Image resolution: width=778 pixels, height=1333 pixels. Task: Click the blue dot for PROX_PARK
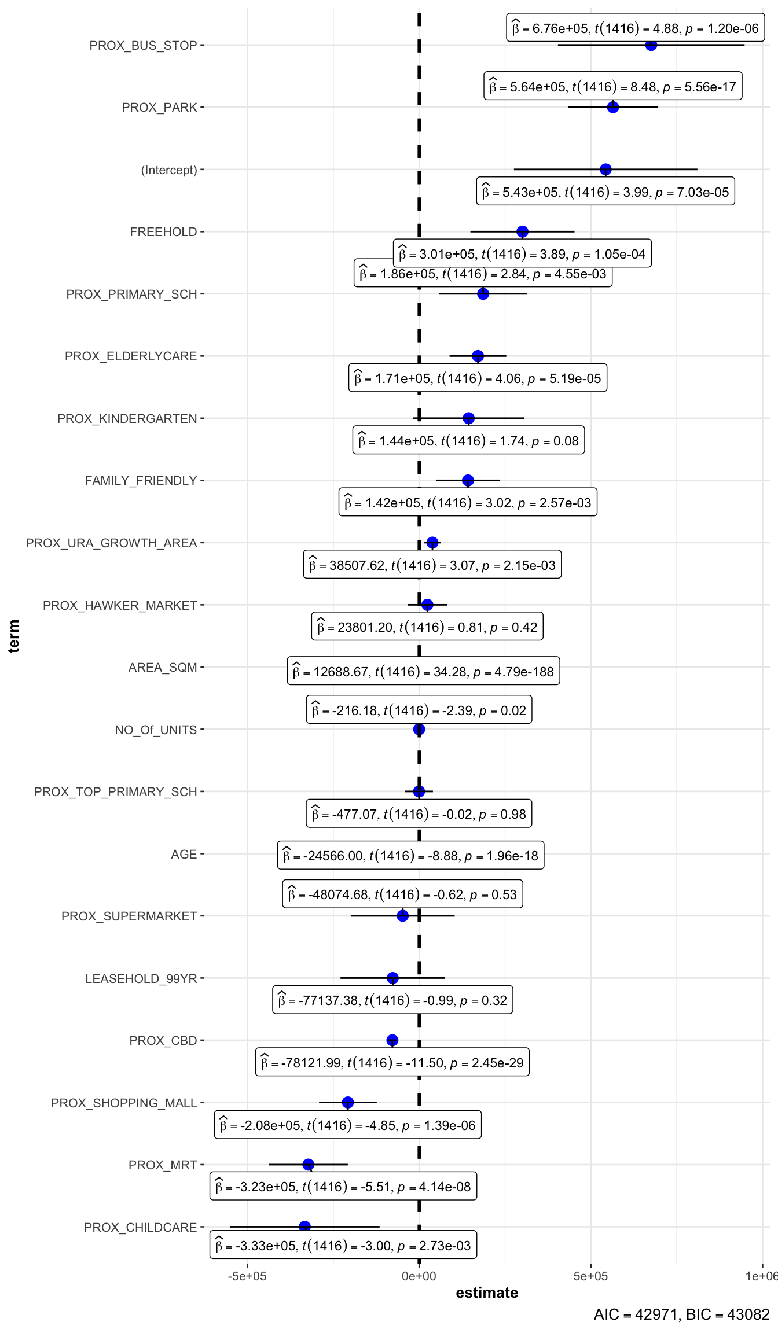613,107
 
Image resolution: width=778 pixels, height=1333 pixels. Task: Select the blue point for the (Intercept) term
605,170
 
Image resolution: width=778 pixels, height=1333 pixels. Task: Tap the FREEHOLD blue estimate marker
522,231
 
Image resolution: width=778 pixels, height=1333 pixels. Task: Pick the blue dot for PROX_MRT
309,1164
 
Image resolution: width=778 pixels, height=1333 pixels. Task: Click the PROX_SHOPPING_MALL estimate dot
348,1102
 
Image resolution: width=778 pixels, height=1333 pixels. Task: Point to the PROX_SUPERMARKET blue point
403,915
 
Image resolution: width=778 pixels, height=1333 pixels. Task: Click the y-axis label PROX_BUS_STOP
143,46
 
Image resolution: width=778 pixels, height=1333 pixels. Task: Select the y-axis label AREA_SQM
163,668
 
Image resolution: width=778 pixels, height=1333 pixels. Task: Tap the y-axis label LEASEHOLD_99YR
141,978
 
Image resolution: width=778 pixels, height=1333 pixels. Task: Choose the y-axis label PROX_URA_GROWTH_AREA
111,543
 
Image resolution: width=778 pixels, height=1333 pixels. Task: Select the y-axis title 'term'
14,636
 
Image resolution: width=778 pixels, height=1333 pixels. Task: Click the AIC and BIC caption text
681,1314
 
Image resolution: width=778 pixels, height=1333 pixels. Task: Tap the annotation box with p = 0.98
419,814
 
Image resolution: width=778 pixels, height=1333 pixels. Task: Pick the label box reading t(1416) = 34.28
423,671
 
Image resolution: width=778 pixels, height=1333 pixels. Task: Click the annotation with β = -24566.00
410,855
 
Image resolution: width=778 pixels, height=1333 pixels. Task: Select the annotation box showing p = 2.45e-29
392,1062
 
